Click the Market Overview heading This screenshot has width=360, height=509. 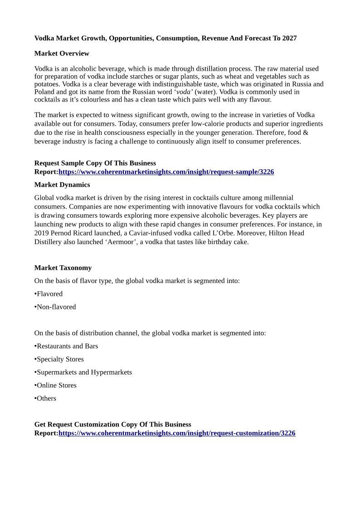pyautogui.click(x=62, y=54)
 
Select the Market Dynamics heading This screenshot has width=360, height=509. pyautogui.click(x=62, y=185)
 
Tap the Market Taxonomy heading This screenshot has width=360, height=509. pyautogui.click(x=63, y=268)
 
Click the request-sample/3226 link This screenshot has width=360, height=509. pyautogui.click(x=166, y=172)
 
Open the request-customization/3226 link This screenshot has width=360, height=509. pyautogui.click(x=177, y=433)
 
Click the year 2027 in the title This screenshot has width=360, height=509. pyautogui.click(x=289, y=38)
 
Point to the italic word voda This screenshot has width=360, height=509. pyautogui.click(x=184, y=92)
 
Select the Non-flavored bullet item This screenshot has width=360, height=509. pyautogui.click(x=56, y=307)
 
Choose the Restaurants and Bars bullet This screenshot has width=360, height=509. pyautogui.click(x=67, y=346)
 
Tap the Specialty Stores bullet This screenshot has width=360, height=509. pyautogui.click(x=60, y=359)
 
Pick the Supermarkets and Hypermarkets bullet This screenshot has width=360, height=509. pyautogui.click(x=84, y=372)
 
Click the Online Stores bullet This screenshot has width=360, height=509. pyautogui.click(x=56, y=386)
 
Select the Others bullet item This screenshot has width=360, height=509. pyautogui.click(x=46, y=399)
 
